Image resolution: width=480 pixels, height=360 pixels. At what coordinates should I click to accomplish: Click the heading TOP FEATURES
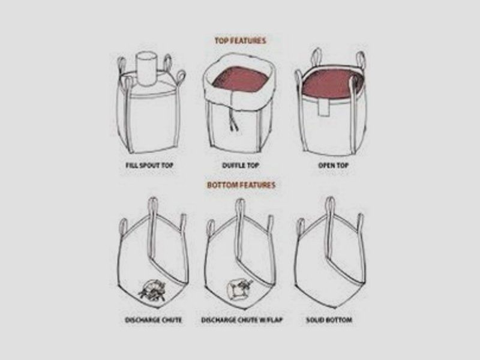(x=240, y=41)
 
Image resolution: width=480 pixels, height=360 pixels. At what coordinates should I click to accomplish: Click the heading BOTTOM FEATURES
(x=241, y=185)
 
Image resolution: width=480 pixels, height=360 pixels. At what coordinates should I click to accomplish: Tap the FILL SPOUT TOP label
(x=149, y=166)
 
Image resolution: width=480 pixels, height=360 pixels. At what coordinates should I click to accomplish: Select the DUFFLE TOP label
(x=241, y=166)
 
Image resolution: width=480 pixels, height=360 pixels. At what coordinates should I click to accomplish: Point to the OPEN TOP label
(x=334, y=166)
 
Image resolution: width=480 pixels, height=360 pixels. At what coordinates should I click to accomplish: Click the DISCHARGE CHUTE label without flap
(x=154, y=320)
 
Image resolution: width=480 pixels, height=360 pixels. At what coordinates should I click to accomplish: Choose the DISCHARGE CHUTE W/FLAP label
(x=242, y=320)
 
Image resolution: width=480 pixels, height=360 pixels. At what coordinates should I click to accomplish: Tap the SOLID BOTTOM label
(x=329, y=320)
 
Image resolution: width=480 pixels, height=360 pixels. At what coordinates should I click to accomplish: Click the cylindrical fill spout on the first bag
(x=146, y=68)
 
